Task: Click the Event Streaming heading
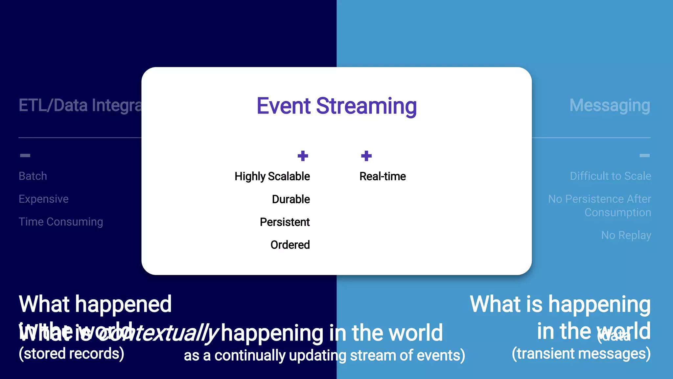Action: [336, 106]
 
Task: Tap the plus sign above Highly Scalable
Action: [303, 156]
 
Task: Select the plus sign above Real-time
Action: [366, 156]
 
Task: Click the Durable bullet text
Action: [291, 199]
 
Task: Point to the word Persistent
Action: [285, 222]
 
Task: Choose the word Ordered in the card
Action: [290, 245]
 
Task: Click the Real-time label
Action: [383, 176]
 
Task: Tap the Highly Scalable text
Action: [272, 176]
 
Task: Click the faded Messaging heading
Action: [610, 105]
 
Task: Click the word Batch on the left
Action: [33, 176]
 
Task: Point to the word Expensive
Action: [44, 199]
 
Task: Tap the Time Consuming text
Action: [61, 222]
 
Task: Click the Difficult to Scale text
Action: [610, 176]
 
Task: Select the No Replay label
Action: [626, 235]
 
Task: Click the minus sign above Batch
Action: [25, 155]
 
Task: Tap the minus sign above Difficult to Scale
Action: [644, 155]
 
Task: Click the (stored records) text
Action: [71, 354]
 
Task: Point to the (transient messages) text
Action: [581, 354]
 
